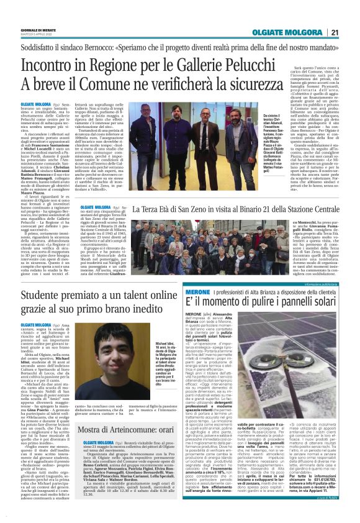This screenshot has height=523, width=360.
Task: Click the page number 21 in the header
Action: pos(335,33)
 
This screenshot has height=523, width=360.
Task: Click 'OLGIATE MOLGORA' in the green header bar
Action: pos(287,33)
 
